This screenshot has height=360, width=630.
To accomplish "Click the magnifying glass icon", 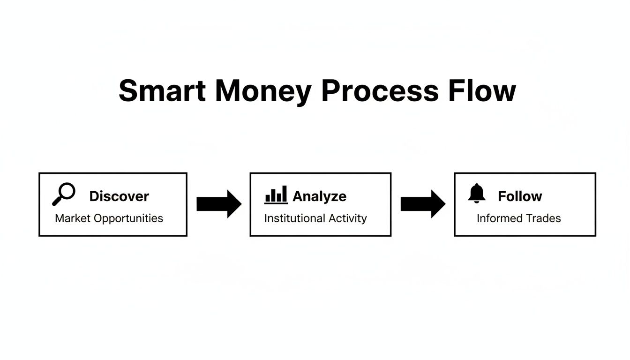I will coord(64,194).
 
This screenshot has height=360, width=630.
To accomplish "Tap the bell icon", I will coord(477,194).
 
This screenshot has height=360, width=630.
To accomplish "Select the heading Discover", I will coord(119,196).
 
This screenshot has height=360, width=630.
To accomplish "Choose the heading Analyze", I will coord(319,196).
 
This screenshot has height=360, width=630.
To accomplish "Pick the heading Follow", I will coord(519,196).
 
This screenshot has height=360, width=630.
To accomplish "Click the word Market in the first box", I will coord(73,218).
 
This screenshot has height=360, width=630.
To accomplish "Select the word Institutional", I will coord(295,218).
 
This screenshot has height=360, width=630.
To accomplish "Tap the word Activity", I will coord(347,219).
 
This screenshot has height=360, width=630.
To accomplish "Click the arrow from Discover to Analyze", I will coord(218,204).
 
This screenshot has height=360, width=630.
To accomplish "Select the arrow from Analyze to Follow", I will coord(423,204).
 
